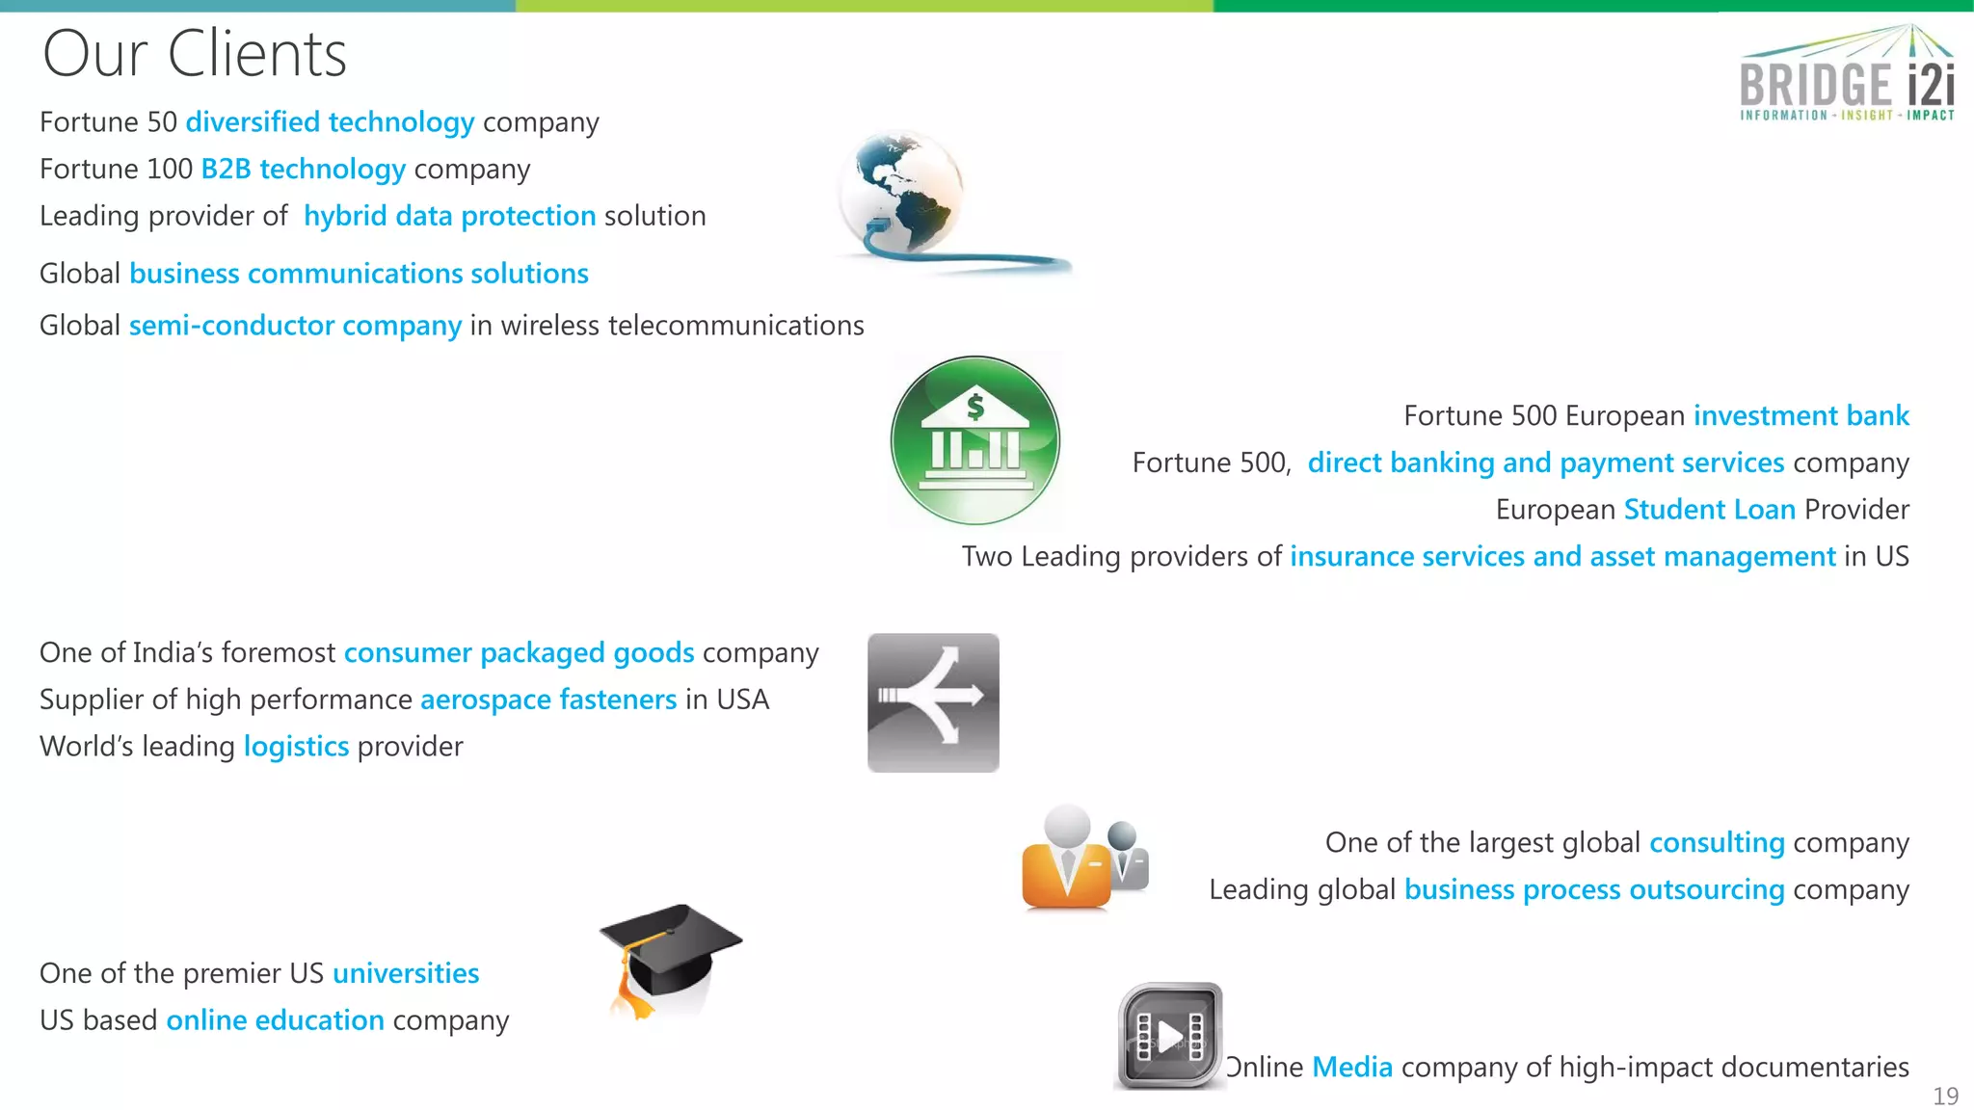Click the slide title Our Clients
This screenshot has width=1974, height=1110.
click(x=194, y=54)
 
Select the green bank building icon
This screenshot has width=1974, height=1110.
click(x=974, y=440)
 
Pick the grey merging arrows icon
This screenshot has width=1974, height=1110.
click(x=933, y=702)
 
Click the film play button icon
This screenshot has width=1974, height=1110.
click(x=1170, y=1036)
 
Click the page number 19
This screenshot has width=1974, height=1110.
click(x=1945, y=1096)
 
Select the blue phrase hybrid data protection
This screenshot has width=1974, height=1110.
click(x=449, y=216)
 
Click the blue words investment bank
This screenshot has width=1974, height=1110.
click(x=1801, y=415)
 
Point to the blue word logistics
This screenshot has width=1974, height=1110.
click(x=296, y=747)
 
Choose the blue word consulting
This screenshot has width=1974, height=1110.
click(x=1717, y=843)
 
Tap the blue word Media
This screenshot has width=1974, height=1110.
click(x=1352, y=1068)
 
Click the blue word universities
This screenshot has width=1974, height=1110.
click(x=406, y=973)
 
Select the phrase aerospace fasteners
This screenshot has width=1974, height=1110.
click(x=548, y=700)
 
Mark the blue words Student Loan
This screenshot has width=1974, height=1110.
click(x=1709, y=510)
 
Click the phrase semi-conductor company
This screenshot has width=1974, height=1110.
click(x=295, y=326)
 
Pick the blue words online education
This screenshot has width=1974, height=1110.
click(x=275, y=1020)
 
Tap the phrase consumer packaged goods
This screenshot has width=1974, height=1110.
click(x=519, y=653)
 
